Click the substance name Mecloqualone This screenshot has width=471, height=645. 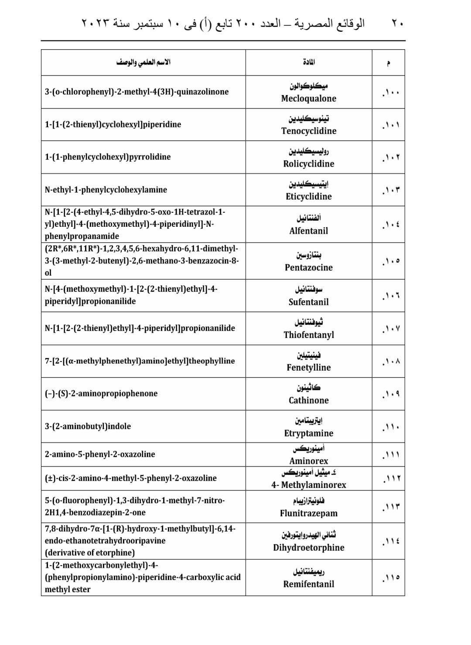click(308, 99)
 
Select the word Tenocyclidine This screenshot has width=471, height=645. click(308, 131)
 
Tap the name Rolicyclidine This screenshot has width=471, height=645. click(308, 164)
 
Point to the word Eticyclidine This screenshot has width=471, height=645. click(308, 197)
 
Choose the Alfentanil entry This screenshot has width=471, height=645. click(308, 231)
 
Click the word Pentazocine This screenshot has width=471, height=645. click(308, 268)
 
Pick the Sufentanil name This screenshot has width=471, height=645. click(308, 302)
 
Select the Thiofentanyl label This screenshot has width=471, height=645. click(308, 335)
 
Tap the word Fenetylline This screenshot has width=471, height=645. click(308, 368)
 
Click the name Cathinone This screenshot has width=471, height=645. click(308, 400)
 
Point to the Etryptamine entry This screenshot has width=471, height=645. click(308, 433)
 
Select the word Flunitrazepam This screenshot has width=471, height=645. click(308, 513)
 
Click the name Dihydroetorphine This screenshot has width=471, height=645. click(308, 548)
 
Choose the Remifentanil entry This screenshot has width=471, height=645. click(308, 584)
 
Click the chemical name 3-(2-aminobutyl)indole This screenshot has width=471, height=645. click(88, 427)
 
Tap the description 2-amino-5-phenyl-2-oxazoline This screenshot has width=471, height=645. click(100, 454)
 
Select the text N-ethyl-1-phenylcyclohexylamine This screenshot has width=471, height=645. click(106, 190)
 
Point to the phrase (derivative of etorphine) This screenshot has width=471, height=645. click(89, 553)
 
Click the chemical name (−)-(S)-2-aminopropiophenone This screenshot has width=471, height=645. click(101, 393)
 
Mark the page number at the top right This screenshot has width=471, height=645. click(396, 23)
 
